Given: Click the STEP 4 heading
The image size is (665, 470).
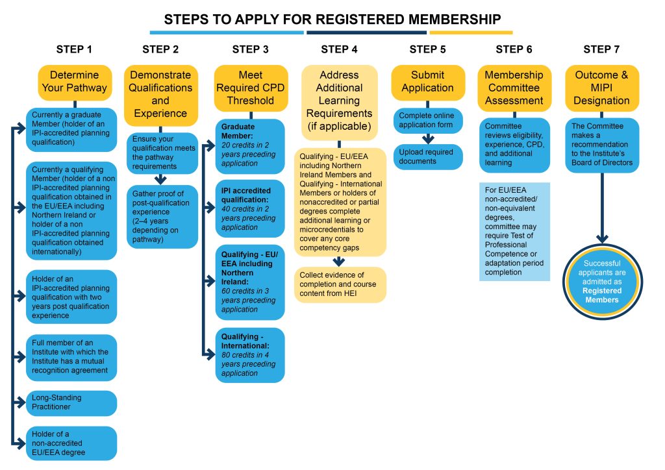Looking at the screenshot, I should pyautogui.click(x=339, y=49).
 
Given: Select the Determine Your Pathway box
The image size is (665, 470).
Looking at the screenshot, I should pyautogui.click(x=71, y=81).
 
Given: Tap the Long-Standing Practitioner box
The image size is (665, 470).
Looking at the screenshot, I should pyautogui.click(x=71, y=403).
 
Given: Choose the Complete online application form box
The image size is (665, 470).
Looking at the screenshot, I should pyautogui.click(x=427, y=120).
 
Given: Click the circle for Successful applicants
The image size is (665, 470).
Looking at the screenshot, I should pyautogui.click(x=603, y=281).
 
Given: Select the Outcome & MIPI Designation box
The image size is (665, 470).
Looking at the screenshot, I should pyautogui.click(x=601, y=88).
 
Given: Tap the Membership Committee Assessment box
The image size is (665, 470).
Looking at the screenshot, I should pyautogui.click(x=514, y=88).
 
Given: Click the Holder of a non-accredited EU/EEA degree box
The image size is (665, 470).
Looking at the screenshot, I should pyautogui.click(x=71, y=443).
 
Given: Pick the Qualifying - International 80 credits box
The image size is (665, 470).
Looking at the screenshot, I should pyautogui.click(x=249, y=355).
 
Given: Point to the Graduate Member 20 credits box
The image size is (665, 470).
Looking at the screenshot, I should pyautogui.click(x=249, y=146).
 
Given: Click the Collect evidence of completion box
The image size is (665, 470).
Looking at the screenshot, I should pyautogui.click(x=340, y=284).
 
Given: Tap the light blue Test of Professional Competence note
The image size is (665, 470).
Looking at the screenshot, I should pyautogui.click(x=514, y=232).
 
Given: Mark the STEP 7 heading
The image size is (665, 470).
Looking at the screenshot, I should pyautogui.click(x=601, y=49).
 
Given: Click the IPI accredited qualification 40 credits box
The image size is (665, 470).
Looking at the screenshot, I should pyautogui.click(x=249, y=208).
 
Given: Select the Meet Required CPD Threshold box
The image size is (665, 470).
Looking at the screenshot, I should pyautogui.click(x=250, y=88).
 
